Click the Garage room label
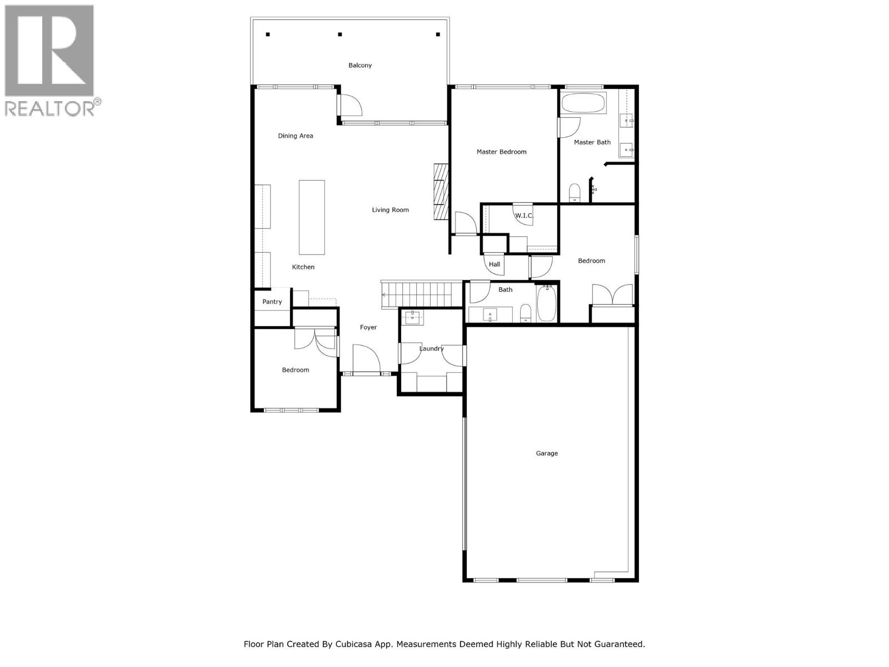click(x=547, y=454)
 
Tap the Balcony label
click(x=360, y=66)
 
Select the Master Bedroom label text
click(x=501, y=152)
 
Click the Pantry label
click(x=272, y=302)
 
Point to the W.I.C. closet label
click(x=523, y=216)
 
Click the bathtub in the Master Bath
click(x=583, y=103)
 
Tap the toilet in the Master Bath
click(x=575, y=193)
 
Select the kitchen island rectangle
click(x=312, y=217)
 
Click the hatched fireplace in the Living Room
click(x=441, y=192)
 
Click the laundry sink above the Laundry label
click(x=413, y=318)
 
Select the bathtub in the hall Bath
click(x=547, y=305)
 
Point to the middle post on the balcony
click(x=340, y=34)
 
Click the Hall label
click(x=495, y=265)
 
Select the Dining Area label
click(x=296, y=136)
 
